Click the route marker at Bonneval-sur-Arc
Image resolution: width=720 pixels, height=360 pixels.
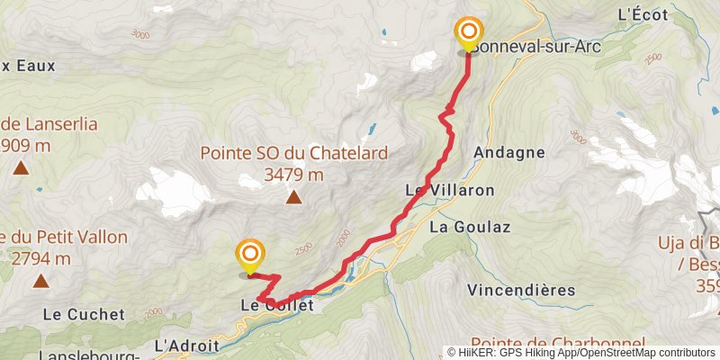coord(468,35)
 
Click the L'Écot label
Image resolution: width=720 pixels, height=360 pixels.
coord(640,14)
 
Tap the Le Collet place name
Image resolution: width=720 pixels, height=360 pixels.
coord(277,306)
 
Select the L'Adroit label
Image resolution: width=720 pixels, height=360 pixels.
coord(188,345)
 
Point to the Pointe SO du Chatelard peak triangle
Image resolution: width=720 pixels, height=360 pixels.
coord(294,198)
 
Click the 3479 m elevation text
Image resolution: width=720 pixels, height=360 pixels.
coord(294,175)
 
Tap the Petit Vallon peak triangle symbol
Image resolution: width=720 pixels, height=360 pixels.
coord(40,282)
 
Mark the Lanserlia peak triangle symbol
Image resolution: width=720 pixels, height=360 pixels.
coord(20,166)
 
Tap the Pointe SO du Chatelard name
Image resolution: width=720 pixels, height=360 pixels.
coord(294,154)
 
